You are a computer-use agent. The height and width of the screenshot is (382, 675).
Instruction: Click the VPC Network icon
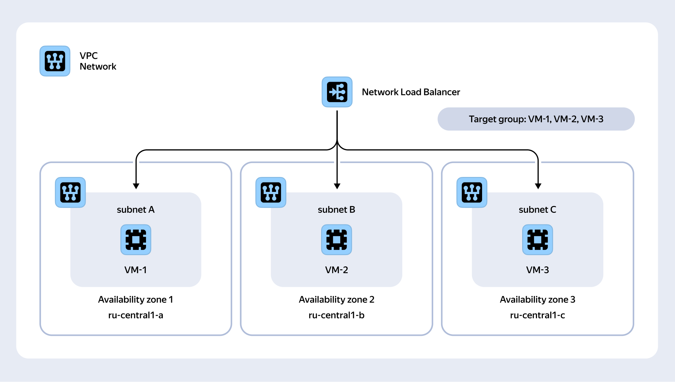pyautogui.click(x=55, y=61)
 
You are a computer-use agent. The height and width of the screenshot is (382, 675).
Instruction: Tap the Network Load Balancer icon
pyautogui.click(x=337, y=92)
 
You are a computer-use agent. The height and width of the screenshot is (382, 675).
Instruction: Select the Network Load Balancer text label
pyautogui.click(x=411, y=92)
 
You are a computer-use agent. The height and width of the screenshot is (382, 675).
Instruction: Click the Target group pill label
pyautogui.click(x=536, y=119)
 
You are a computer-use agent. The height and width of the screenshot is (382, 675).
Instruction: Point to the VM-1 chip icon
pyautogui.click(x=136, y=240)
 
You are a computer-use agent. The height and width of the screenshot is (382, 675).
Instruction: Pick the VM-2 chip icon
pyautogui.click(x=337, y=240)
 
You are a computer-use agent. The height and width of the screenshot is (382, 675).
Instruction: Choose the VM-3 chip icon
pyautogui.click(x=538, y=240)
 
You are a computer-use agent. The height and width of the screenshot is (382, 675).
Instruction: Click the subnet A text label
pyautogui.click(x=136, y=210)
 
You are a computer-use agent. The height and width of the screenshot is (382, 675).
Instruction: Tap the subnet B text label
pyautogui.click(x=336, y=210)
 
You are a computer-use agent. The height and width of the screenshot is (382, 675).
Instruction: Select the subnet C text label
pyautogui.click(x=537, y=210)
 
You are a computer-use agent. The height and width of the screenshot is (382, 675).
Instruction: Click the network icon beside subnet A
pyautogui.click(x=70, y=192)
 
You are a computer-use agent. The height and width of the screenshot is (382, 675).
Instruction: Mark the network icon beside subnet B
pyautogui.click(x=271, y=192)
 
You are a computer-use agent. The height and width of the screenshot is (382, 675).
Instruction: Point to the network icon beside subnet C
pyautogui.click(x=472, y=192)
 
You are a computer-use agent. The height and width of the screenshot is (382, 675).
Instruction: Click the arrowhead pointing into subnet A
pyautogui.click(x=136, y=186)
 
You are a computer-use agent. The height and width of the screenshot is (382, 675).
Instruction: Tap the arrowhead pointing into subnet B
pyautogui.click(x=337, y=186)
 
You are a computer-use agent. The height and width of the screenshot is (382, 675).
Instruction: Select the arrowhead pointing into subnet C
pyautogui.click(x=538, y=186)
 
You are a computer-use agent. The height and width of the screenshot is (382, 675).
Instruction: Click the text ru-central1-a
pyautogui.click(x=136, y=315)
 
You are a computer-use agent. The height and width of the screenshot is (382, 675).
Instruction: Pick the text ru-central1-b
pyautogui.click(x=336, y=315)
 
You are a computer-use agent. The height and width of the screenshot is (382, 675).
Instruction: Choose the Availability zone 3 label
pyautogui.click(x=537, y=300)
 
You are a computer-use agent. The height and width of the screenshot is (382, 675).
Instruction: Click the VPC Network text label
pyautogui.click(x=98, y=61)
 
